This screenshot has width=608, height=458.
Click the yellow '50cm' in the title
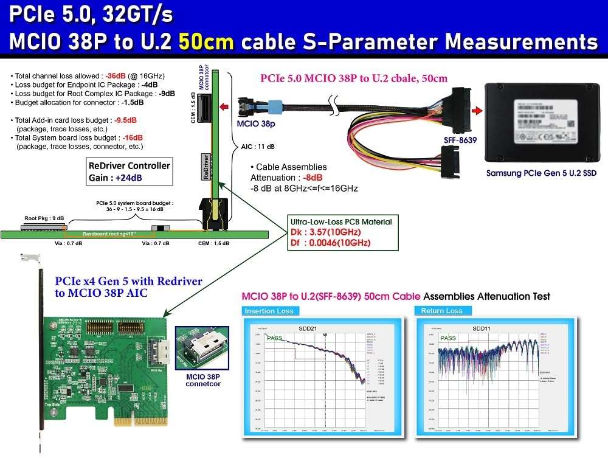point(207,41)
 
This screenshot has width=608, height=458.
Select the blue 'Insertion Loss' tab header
point(269,311)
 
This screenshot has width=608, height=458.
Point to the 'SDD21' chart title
point(308,328)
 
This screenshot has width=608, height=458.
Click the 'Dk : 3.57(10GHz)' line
point(322,232)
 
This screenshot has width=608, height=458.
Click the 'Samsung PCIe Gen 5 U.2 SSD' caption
point(541,173)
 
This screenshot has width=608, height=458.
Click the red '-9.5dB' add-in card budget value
point(125,120)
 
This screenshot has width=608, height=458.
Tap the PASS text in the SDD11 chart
point(448,338)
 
